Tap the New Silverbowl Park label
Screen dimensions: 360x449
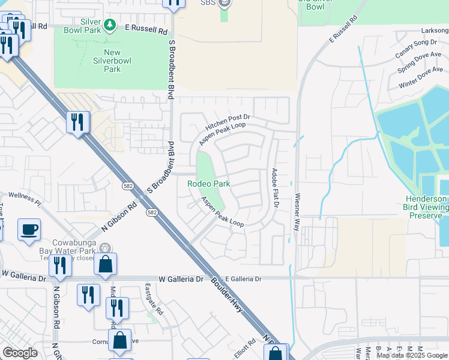107,61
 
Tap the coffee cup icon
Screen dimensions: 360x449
29,230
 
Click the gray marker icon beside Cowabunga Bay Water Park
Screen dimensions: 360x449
105,248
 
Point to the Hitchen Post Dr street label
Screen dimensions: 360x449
227,123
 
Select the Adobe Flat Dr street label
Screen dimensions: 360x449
276,188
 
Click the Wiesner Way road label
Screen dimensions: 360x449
297,212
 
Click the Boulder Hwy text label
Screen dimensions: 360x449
234,305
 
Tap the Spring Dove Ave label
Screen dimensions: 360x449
420,62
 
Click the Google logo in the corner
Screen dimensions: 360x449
20,353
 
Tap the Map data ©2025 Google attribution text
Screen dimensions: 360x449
412,355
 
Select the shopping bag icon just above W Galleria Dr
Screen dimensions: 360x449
105,264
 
